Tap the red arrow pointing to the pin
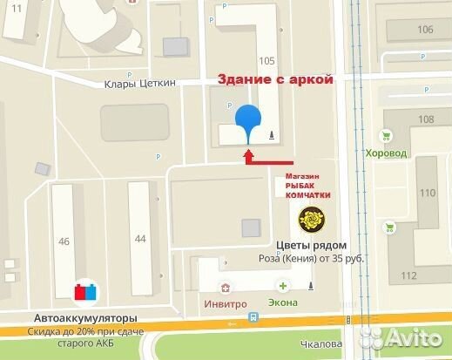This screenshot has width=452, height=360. click(270, 159)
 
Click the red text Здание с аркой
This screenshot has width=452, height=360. click(276, 79)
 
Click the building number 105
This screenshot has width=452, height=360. click(267, 60)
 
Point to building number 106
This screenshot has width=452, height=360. click(425, 30)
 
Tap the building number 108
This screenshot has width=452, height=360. click(426, 119)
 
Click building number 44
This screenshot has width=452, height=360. click(139, 237)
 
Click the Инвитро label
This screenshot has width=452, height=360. click(228, 302)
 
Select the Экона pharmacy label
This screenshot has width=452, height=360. click(283, 302)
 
